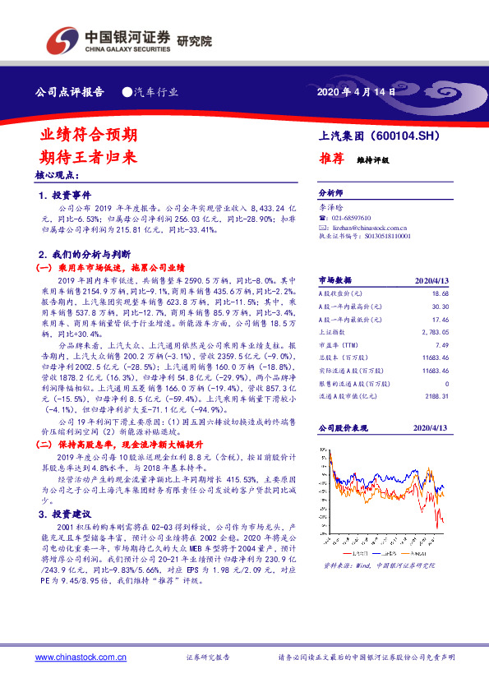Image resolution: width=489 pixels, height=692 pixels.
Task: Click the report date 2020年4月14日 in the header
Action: tap(355, 92)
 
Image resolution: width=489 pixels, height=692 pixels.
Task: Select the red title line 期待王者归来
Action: tap(89, 156)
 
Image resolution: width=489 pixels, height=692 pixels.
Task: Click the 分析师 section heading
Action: tap(330, 194)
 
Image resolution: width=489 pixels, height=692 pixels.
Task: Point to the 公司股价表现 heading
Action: tap(340, 429)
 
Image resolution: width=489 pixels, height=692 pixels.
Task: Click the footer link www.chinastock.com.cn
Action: tap(81, 657)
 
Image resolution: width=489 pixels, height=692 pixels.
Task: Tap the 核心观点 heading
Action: tap(57, 176)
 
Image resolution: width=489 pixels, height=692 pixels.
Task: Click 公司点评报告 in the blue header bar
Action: tap(70, 92)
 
